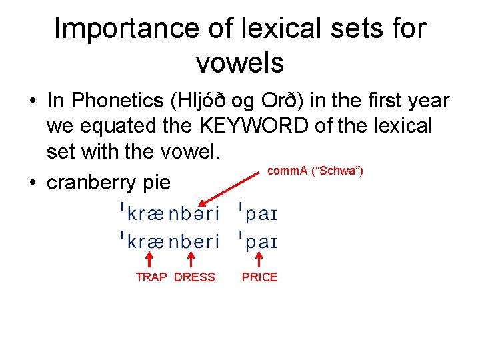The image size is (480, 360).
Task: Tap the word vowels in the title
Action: pos(240,63)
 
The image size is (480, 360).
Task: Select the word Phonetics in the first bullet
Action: pos(117,101)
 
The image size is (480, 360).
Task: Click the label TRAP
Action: pos(151,277)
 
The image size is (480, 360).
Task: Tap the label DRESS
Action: pos(195,277)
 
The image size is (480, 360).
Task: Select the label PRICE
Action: pos(259,277)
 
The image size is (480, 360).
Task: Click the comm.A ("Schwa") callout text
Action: pos(315,171)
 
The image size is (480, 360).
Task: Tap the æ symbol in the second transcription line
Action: pos(156,241)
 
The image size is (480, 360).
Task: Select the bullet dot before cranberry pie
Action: pos(33,183)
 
